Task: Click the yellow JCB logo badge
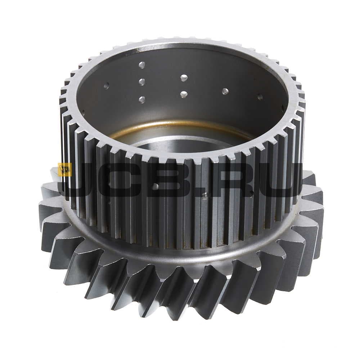65,170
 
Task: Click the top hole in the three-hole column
142,65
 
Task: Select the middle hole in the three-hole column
142,81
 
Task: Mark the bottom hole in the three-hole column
142,99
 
